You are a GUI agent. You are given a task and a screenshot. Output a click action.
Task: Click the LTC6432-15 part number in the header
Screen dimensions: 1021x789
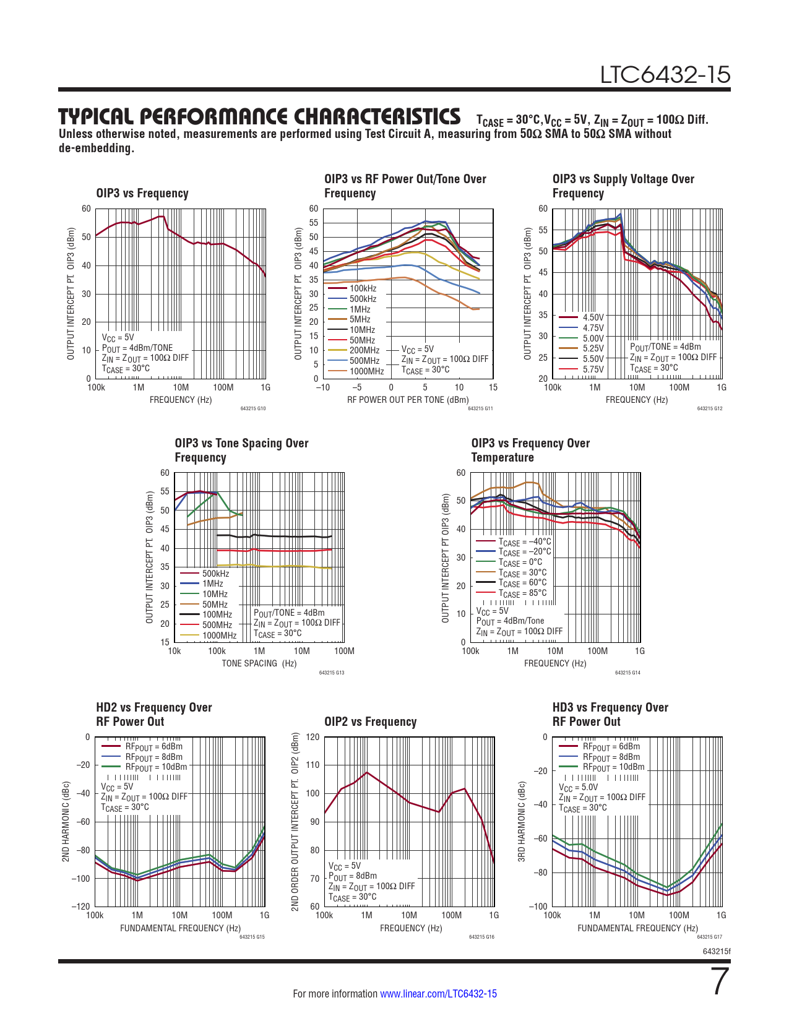(665, 75)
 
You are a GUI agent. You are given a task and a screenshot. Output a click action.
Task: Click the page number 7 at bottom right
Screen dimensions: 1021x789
(720, 982)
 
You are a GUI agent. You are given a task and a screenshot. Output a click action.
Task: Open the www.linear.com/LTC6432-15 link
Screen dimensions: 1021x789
(438, 994)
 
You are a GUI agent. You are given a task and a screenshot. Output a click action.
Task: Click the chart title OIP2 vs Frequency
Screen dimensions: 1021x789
(370, 722)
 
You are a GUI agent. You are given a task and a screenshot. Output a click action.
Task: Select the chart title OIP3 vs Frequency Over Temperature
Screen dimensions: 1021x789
(530, 450)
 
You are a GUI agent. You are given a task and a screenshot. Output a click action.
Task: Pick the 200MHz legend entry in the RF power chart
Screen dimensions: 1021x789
(364, 350)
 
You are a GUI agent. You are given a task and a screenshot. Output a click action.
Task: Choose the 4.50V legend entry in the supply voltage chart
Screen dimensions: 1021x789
(593, 317)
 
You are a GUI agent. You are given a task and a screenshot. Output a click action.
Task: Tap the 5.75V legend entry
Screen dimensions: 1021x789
(593, 369)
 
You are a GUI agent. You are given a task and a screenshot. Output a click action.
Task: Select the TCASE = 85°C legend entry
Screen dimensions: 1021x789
(523, 593)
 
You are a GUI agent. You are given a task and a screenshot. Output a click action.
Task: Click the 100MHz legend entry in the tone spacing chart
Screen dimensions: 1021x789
(217, 614)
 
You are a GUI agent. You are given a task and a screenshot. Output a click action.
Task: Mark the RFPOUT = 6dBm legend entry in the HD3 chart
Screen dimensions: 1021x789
(611, 747)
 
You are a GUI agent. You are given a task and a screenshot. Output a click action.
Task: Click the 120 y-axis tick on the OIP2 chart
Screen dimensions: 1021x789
(313, 737)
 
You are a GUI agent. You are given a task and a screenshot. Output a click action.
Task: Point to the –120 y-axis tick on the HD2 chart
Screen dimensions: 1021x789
(81, 907)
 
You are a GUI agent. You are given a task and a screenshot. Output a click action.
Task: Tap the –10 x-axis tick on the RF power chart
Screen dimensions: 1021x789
(322, 388)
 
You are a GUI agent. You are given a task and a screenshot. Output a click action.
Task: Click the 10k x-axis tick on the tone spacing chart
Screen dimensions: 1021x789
(175, 651)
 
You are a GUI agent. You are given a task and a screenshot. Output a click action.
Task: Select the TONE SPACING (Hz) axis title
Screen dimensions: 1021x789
(259, 663)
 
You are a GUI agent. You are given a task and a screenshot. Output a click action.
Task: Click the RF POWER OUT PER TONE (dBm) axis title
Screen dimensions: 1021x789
(408, 400)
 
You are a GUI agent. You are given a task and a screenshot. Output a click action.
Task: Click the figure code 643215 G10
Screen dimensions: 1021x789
(252, 408)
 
